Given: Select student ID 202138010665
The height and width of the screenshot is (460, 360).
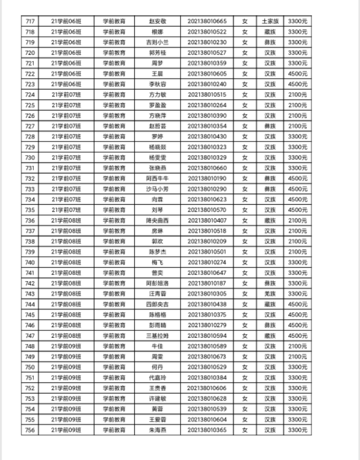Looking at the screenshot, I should pos(207,22).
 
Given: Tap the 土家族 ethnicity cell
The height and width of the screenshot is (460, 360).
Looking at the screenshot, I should pos(270,22).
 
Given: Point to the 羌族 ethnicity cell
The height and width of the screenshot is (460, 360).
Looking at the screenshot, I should pos(270,294).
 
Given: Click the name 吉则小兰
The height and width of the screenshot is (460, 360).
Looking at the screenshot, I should pos(157,42).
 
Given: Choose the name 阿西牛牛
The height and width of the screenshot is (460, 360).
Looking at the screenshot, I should pos(157,178).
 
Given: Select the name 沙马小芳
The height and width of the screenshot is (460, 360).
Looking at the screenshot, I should pos(157,189).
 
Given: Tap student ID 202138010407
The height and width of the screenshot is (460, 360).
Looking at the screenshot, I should pos(207,220).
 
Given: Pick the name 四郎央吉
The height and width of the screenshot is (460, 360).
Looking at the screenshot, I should pos(157,304).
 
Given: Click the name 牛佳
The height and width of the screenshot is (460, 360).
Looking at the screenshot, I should pos(157,346).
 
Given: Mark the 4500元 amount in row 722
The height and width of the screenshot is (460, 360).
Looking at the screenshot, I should pos(297,74).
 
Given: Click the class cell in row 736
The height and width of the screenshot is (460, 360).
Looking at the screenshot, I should pos(66,220).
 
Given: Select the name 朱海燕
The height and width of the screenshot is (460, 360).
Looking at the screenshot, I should pos(157,430).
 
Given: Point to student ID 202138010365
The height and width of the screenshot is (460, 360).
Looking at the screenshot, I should pos(207,430).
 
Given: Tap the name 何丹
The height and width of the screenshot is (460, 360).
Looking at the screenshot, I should pos(157,367).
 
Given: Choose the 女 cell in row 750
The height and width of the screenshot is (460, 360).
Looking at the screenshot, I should pos(245,367).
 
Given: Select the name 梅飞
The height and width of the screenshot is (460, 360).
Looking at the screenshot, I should pos(157,262).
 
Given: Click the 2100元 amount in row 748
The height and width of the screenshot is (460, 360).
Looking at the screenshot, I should pos(297,346).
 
